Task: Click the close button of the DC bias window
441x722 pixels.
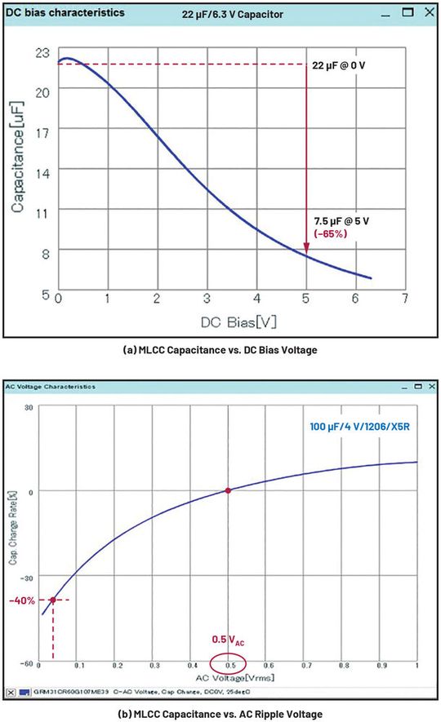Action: pyautogui.click(x=428, y=12)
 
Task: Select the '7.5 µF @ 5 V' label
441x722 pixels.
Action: pyautogui.click(x=346, y=221)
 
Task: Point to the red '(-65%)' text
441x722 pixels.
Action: pyautogui.click(x=331, y=235)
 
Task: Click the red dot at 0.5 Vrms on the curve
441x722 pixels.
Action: pyautogui.click(x=228, y=490)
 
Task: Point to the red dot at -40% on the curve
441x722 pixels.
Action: pyautogui.click(x=53, y=600)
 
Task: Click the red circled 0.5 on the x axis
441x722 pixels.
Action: pyautogui.click(x=231, y=666)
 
